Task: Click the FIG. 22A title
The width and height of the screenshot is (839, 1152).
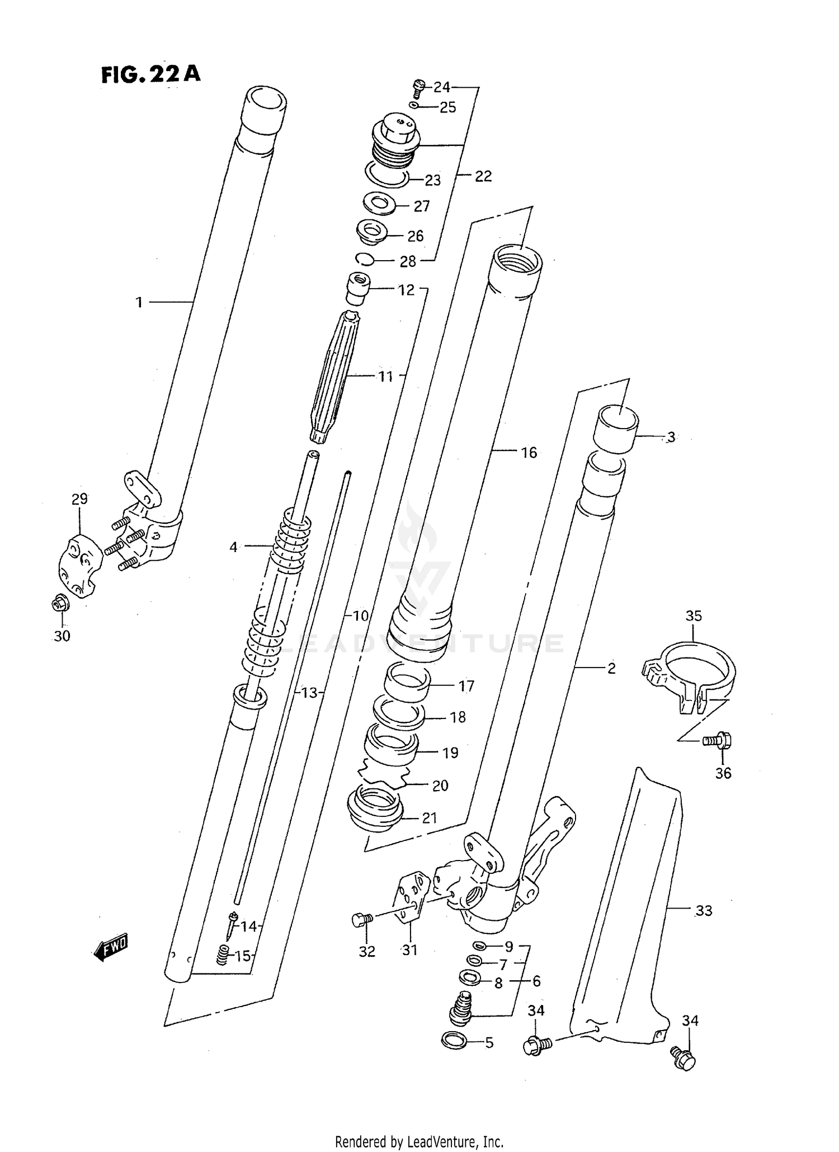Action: [150, 74]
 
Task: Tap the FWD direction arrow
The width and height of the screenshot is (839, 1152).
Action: [111, 948]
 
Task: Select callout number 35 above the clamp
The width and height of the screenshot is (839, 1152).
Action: [693, 616]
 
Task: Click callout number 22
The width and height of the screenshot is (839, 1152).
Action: [483, 176]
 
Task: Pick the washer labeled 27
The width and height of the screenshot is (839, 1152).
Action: [379, 203]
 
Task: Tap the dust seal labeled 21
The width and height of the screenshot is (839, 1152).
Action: [375, 808]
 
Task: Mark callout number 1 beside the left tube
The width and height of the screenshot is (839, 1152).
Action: [139, 302]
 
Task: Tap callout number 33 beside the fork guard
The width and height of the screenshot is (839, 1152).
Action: [703, 911]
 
